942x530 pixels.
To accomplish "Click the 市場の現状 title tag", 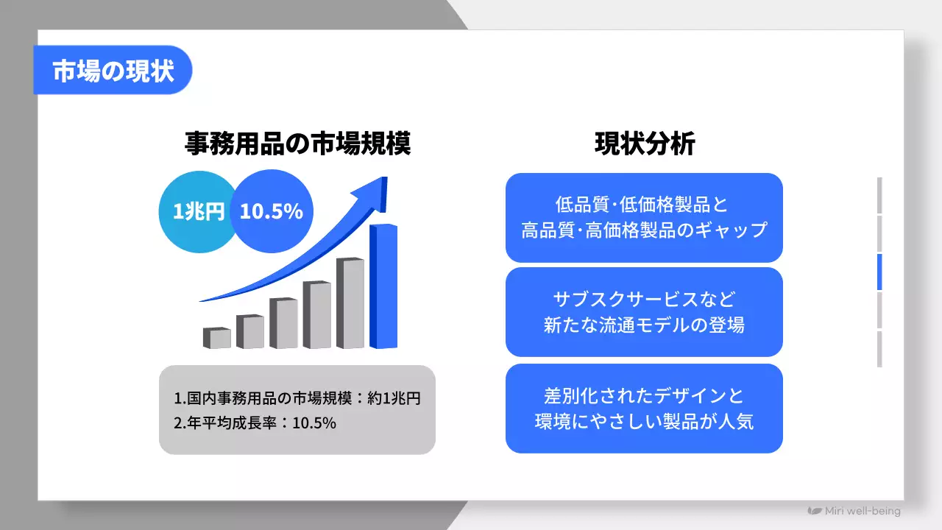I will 113,71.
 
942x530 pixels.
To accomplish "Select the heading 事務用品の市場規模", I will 297,144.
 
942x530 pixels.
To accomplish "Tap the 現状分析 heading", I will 644,144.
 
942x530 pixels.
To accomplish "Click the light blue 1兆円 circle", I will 198,212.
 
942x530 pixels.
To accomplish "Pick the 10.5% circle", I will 272,212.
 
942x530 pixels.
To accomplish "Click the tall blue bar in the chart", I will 383,287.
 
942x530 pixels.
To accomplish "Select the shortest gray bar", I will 216,339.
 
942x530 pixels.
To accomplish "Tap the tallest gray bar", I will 350,303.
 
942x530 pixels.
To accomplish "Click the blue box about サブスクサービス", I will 644,312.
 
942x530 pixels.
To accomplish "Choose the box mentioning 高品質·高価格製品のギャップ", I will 644,218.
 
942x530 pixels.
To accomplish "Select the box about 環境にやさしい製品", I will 644,409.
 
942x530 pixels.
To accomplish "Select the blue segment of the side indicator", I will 879,272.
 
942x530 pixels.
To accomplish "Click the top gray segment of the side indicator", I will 879,196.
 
